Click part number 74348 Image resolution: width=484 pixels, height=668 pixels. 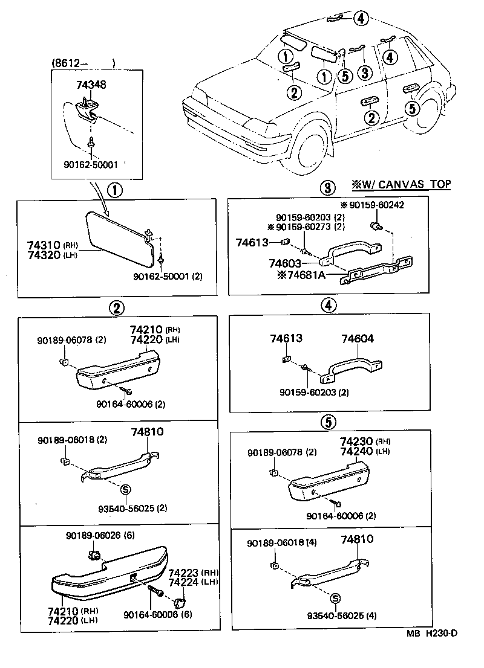point(91,85)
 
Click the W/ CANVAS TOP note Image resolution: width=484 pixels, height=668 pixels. point(401,184)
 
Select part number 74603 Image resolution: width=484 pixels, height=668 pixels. point(284,264)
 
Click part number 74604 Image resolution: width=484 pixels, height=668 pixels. point(357,339)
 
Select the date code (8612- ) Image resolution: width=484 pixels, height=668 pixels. point(83,62)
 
